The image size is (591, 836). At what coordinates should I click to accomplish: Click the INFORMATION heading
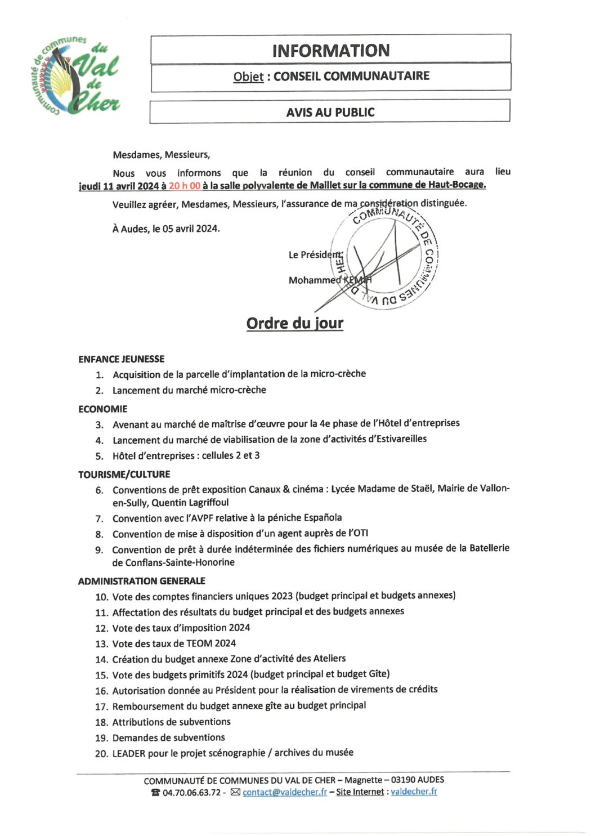pyautogui.click(x=330, y=51)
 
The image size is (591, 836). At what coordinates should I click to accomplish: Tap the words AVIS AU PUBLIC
pyautogui.click(x=330, y=112)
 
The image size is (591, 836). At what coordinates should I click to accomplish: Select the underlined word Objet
pyautogui.click(x=248, y=77)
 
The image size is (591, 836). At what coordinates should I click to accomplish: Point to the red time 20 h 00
pyautogui.click(x=185, y=186)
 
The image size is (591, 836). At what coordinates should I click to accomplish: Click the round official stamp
pyautogui.click(x=386, y=256)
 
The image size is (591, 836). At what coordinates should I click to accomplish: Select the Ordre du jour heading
pyautogui.click(x=295, y=323)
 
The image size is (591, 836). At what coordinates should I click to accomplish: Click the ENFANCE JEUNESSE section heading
pyautogui.click(x=122, y=359)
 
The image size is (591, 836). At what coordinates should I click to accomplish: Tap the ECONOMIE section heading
pyautogui.click(x=103, y=409)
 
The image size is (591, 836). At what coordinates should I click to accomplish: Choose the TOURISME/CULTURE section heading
pyautogui.click(x=124, y=474)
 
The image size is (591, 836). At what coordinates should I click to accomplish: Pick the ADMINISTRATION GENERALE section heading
pyautogui.click(x=142, y=580)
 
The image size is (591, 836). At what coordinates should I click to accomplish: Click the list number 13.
pyautogui.click(x=101, y=643)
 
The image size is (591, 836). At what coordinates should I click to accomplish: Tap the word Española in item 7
pyautogui.click(x=323, y=517)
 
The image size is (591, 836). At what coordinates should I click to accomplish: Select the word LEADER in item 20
pyautogui.click(x=129, y=753)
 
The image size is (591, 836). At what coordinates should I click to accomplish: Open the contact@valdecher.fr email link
pyautogui.click(x=284, y=792)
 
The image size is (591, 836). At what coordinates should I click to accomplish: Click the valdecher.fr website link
pyautogui.click(x=414, y=791)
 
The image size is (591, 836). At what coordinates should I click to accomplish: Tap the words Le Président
pyautogui.click(x=315, y=254)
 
